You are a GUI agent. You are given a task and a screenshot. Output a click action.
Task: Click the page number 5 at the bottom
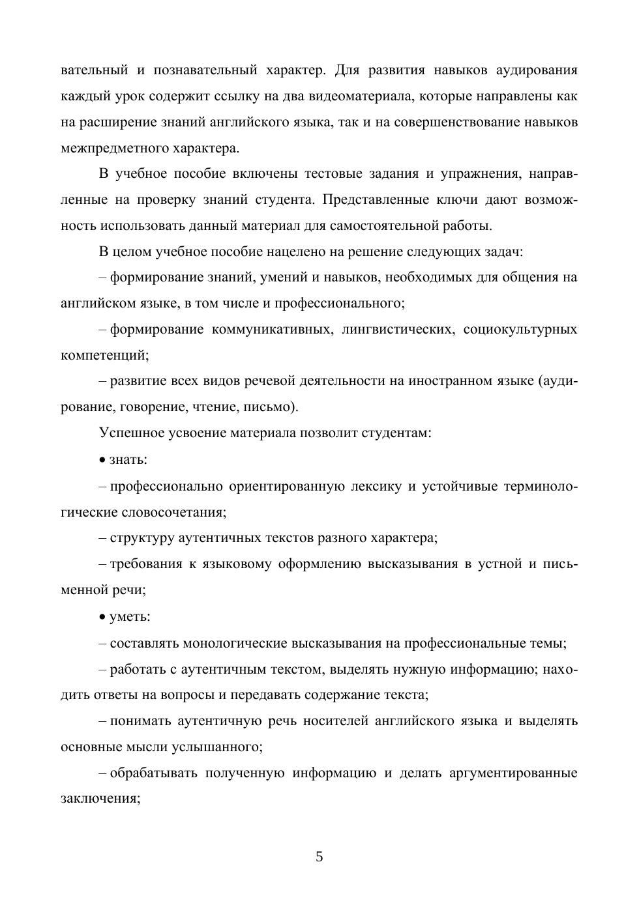coord(319,857)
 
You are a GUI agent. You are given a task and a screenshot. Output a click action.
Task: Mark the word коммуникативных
coord(273,330)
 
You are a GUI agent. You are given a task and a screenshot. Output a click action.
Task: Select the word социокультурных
coord(520,330)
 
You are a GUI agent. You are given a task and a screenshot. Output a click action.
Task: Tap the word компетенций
coord(104,356)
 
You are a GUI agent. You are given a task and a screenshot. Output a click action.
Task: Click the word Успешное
coord(129,433)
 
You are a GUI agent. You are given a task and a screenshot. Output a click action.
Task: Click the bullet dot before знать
coord(102,460)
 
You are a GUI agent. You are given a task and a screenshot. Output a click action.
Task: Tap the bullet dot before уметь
coord(102,617)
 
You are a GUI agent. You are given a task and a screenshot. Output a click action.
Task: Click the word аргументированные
coord(514,773)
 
